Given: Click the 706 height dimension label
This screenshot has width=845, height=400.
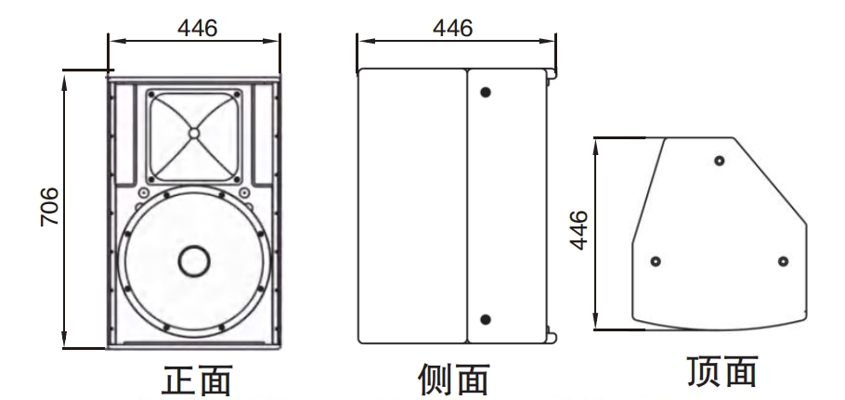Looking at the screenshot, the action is (x=49, y=207).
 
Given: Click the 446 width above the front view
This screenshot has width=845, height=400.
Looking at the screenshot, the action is (x=197, y=28).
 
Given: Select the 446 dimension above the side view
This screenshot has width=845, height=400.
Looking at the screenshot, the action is (x=453, y=28).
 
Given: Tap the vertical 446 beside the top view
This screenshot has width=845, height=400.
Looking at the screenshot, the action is (x=578, y=230).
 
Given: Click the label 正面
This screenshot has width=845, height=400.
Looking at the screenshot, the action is (x=197, y=381).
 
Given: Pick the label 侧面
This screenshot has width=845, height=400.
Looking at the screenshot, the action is (x=454, y=380).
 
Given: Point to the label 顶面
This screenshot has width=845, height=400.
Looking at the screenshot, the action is (x=722, y=371).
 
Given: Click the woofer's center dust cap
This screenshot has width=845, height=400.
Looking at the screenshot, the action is (x=194, y=261).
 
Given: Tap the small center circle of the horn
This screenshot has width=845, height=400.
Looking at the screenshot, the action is (x=194, y=133).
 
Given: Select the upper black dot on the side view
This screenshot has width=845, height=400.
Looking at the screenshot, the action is (x=486, y=92).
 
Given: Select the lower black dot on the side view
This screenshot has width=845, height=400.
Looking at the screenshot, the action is (x=486, y=320).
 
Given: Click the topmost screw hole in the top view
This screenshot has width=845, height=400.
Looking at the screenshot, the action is (x=719, y=161).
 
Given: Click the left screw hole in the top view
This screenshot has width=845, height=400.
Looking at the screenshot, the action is (x=656, y=262).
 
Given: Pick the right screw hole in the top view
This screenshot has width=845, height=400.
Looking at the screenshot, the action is (x=783, y=262).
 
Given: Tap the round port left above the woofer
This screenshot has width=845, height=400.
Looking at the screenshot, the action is (x=143, y=193).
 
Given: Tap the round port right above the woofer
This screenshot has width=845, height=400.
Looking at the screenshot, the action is (x=244, y=193).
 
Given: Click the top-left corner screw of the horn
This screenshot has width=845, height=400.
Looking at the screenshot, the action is (x=150, y=95).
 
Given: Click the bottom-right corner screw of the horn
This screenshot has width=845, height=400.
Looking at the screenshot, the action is (x=237, y=179).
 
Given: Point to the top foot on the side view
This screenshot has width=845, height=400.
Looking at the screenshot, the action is (x=552, y=74).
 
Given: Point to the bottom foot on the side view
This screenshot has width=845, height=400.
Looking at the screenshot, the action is (x=552, y=338).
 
